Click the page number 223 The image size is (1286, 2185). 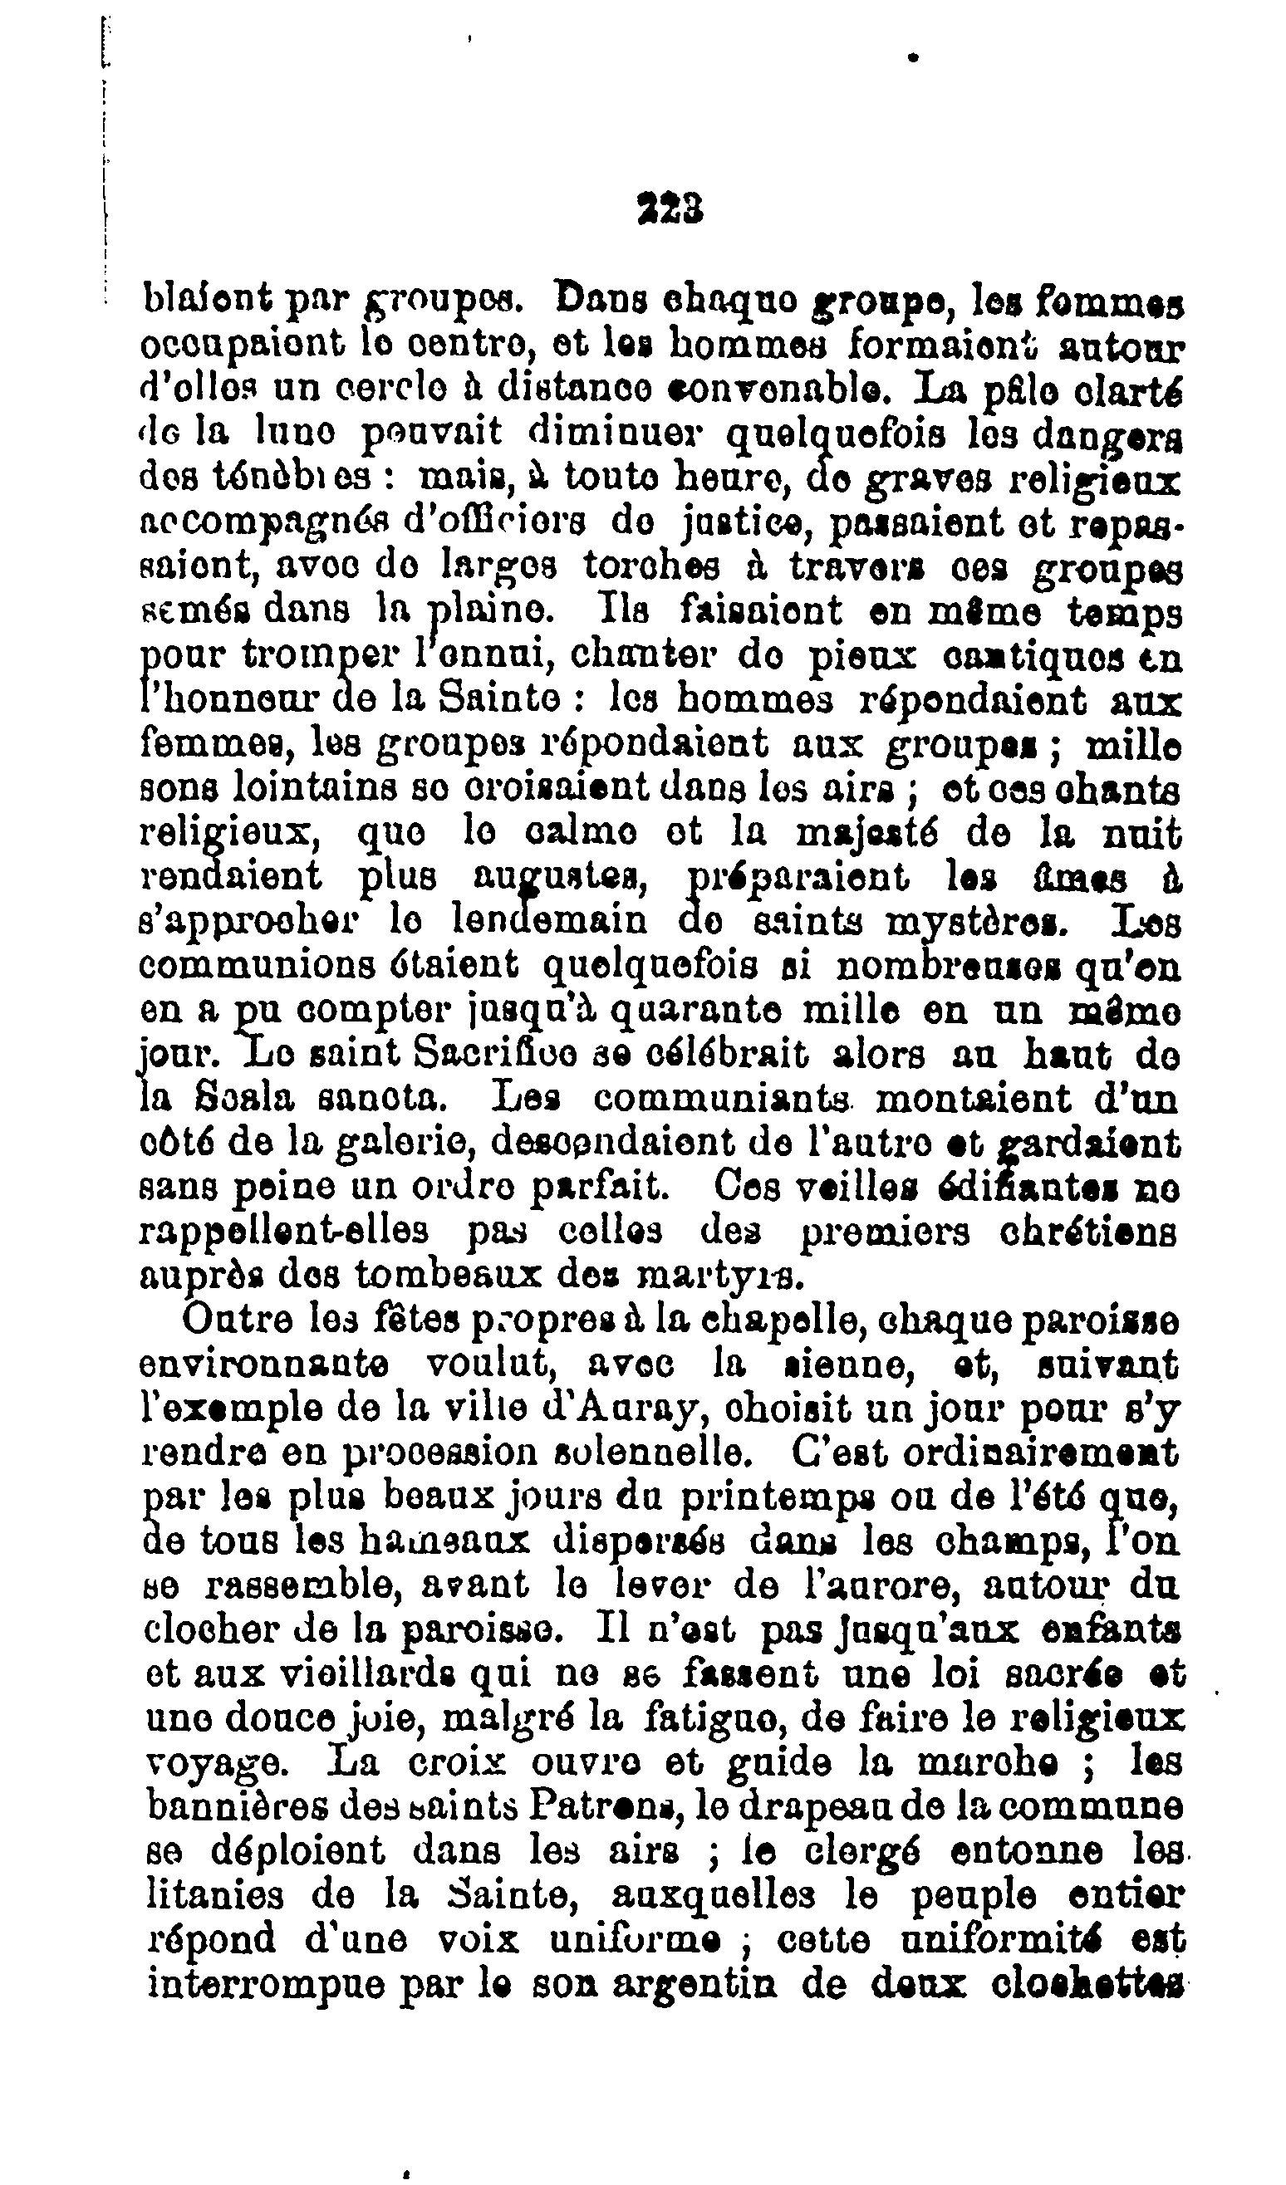coord(670,209)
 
